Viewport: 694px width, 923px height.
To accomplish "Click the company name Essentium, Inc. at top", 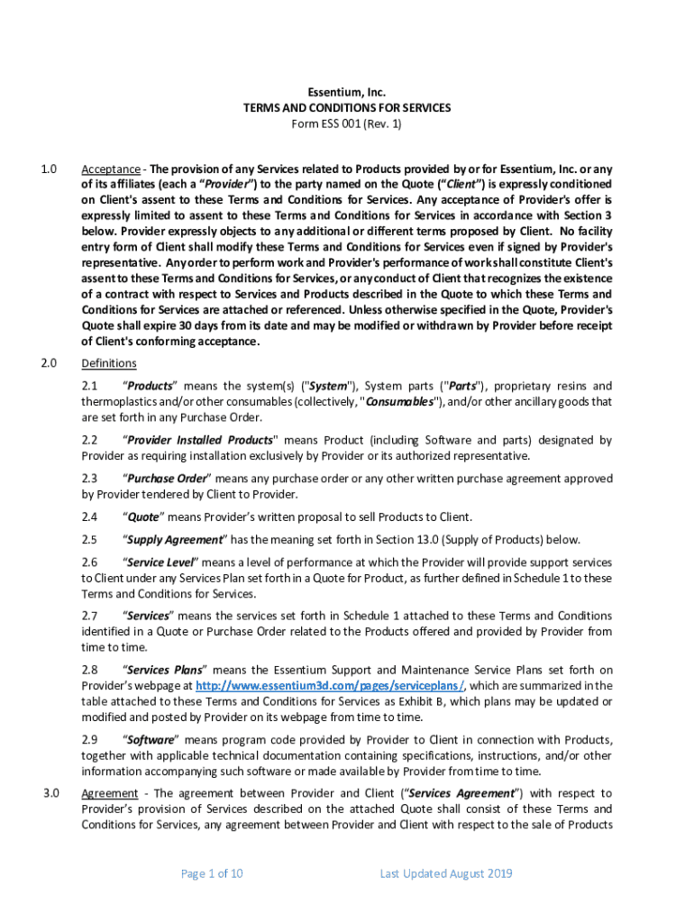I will point(346,92).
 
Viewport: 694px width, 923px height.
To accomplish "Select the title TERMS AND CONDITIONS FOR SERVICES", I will point(346,108).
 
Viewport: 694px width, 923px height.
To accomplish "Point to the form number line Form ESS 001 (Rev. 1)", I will point(346,123).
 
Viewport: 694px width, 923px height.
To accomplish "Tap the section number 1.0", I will point(49,169).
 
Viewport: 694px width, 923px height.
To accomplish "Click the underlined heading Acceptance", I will point(110,169).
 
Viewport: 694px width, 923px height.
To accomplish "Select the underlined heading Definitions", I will point(108,363).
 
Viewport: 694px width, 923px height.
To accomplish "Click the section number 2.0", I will point(49,363).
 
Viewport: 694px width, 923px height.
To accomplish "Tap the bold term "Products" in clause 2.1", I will point(150,386).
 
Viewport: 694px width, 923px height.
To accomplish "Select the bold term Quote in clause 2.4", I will point(142,516).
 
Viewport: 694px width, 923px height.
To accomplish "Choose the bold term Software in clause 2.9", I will point(149,739).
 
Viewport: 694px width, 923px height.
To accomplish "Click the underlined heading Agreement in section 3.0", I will point(109,793).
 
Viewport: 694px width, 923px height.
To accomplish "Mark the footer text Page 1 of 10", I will point(212,873).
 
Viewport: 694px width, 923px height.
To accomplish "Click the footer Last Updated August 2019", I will point(446,873).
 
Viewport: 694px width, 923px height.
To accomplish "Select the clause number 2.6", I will point(89,562).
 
